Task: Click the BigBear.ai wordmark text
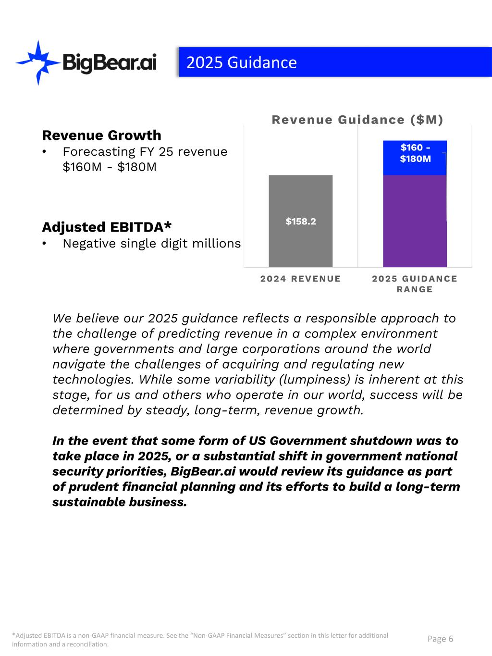click(x=110, y=63)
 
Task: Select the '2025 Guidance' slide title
click(x=241, y=62)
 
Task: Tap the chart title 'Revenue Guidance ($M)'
click(x=357, y=120)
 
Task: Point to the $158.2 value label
click(x=301, y=222)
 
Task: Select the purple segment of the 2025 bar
click(x=415, y=221)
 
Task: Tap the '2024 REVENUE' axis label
click(x=301, y=279)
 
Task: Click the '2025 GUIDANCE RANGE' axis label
click(x=415, y=284)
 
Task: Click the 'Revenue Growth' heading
click(x=101, y=135)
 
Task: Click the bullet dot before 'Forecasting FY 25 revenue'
click(x=45, y=152)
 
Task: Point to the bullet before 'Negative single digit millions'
click(x=45, y=244)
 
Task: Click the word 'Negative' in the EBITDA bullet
click(x=89, y=244)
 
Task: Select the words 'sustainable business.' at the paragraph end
click(x=119, y=502)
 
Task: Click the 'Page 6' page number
click(x=440, y=639)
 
